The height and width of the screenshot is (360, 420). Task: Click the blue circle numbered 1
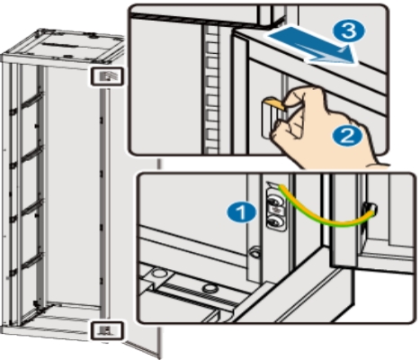click(242, 212)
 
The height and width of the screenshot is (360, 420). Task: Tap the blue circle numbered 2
click(347, 136)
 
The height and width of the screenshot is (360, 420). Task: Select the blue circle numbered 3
click(349, 31)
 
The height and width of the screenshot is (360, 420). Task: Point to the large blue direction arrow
click(312, 45)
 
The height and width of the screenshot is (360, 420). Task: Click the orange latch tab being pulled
click(276, 103)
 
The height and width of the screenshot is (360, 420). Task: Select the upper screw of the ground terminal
click(275, 200)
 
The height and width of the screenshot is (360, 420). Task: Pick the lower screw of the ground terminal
click(275, 221)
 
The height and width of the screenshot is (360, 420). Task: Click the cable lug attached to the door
click(370, 208)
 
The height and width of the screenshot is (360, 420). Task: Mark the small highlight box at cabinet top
click(107, 76)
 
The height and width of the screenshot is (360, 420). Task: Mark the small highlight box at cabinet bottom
click(107, 330)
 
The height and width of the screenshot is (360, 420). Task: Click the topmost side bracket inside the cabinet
click(26, 103)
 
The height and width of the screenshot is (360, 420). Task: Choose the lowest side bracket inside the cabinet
click(26, 265)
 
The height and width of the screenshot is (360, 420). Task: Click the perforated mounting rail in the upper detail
click(211, 89)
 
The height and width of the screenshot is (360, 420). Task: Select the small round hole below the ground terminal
click(255, 252)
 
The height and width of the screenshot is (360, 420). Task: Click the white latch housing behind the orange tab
click(268, 120)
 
